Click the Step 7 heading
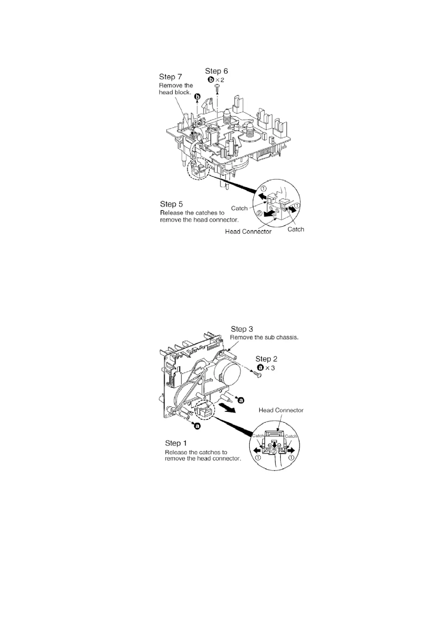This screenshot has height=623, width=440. coord(170,77)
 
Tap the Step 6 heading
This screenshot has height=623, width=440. coord(216,71)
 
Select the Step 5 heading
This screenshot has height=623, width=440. coord(171,204)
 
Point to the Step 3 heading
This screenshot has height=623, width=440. coord(242,329)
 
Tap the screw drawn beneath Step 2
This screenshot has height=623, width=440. coord(257,375)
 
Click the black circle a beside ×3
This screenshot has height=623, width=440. coord(260,368)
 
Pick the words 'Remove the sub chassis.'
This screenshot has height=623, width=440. coord(264,337)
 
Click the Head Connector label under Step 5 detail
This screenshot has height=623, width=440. coord(248,232)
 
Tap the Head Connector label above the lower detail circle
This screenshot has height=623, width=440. coord(281,410)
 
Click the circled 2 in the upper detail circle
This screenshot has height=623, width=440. coord(260,213)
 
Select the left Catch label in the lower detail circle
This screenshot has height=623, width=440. coord(258,436)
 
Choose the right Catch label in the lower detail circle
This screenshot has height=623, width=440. coord(291,436)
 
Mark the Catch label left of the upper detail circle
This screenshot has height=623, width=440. coord(239,208)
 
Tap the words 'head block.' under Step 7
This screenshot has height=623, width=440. coord(175,92)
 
